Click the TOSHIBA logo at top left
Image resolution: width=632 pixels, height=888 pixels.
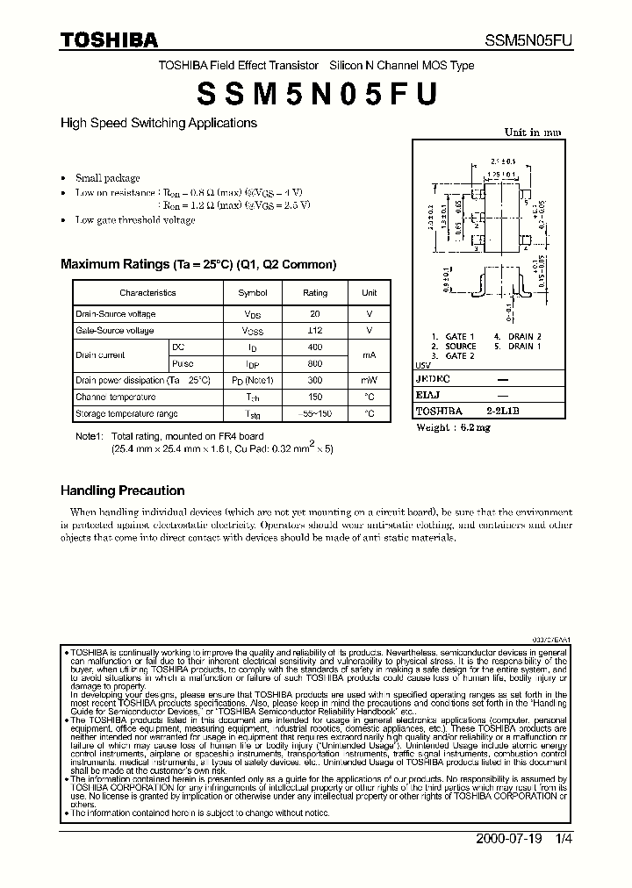109,39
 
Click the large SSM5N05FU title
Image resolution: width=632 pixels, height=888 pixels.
315,92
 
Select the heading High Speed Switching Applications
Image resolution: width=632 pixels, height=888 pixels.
159,124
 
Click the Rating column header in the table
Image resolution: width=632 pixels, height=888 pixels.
315,293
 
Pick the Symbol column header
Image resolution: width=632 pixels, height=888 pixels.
253,293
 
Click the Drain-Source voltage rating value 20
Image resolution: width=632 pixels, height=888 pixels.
315,314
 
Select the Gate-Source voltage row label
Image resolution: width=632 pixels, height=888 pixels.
115,331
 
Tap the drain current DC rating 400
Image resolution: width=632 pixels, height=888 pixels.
315,347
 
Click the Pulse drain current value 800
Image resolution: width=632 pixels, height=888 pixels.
315,363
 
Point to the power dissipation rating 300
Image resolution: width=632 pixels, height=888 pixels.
315,381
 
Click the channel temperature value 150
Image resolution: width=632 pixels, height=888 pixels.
315,397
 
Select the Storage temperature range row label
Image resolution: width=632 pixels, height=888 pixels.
126,413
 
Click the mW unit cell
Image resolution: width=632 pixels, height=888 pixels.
369,381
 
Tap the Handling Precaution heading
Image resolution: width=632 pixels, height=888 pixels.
122,491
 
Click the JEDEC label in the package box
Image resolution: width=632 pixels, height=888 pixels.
432,379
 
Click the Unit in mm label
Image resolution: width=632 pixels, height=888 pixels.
532,132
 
